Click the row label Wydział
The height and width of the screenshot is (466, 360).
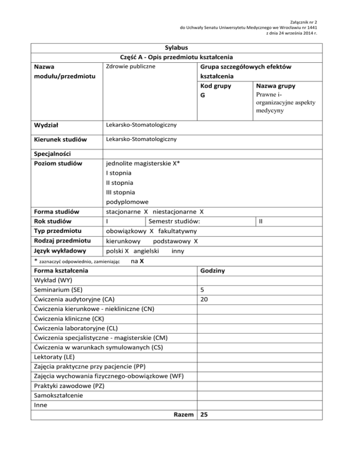48,126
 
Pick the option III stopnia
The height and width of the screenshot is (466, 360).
120,192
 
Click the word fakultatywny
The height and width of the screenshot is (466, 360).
178,231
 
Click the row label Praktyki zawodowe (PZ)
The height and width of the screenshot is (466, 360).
69,386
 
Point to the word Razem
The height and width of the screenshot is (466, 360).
183,414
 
